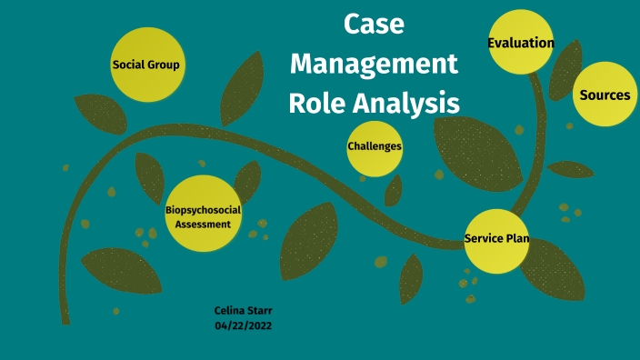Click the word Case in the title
click(x=374, y=25)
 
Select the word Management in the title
click(x=375, y=65)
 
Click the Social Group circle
click(x=145, y=65)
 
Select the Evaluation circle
click(x=521, y=42)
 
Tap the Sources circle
click(x=605, y=95)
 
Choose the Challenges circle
click(x=375, y=146)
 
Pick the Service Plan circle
click(x=496, y=240)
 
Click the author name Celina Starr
click(x=243, y=310)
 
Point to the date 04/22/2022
click(x=243, y=325)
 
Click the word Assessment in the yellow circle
click(x=203, y=224)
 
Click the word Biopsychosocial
click(x=203, y=210)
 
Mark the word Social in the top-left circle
click(x=128, y=65)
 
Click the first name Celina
click(x=229, y=310)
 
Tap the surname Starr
click(x=258, y=310)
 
